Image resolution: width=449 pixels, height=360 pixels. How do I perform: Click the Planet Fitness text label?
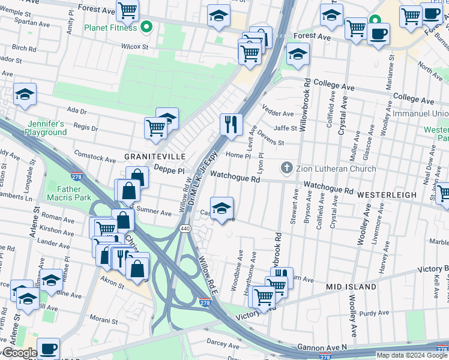110,27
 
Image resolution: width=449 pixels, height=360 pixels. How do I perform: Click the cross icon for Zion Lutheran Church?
287,168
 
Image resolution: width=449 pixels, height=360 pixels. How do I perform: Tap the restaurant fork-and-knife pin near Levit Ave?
231,125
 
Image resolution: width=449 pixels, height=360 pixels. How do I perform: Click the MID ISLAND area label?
351,287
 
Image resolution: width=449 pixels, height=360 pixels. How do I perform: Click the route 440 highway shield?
185,229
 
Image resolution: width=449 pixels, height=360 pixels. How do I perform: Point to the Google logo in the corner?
19,353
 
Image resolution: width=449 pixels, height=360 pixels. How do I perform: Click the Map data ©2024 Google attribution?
412,355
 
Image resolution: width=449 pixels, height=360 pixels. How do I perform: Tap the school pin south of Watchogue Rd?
221,208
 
